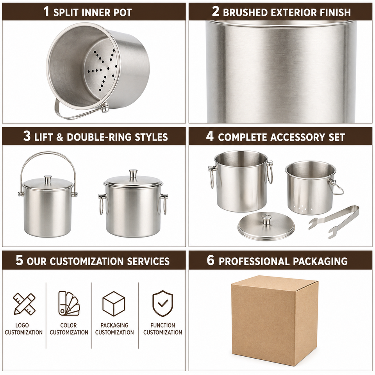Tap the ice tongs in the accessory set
[x=334, y=221]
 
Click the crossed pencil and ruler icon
[x=24, y=304]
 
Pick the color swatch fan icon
[x=69, y=303]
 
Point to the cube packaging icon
[x=114, y=304]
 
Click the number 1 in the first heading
[x=46, y=11]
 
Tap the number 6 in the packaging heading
[x=211, y=260]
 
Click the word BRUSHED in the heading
[x=245, y=12]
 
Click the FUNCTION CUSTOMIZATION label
[x=162, y=329]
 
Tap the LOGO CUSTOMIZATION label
[x=24, y=329]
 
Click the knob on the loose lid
[x=266, y=219]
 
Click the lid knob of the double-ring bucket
[x=133, y=173]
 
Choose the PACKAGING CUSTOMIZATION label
[x=114, y=329]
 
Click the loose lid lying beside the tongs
[x=266, y=227]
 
